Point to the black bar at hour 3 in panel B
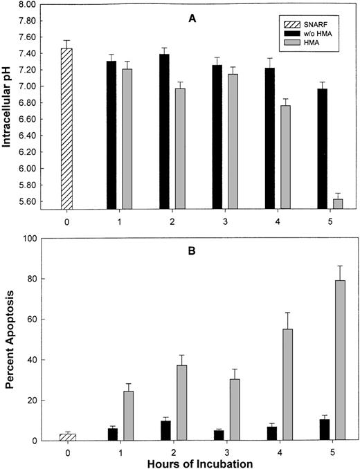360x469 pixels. [219, 435]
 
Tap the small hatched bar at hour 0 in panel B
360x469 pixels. [66, 436]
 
